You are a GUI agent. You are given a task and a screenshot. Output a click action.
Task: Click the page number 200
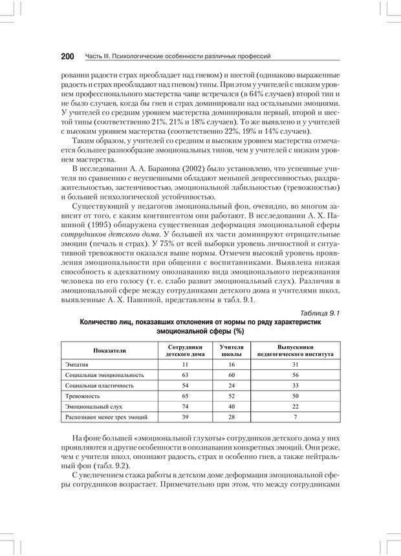(x=67, y=56)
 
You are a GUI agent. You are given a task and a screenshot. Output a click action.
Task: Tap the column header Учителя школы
(x=231, y=350)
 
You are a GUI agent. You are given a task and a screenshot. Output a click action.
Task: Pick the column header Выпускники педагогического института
(x=295, y=350)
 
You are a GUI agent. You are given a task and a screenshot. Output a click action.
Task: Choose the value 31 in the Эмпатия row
(x=295, y=364)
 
